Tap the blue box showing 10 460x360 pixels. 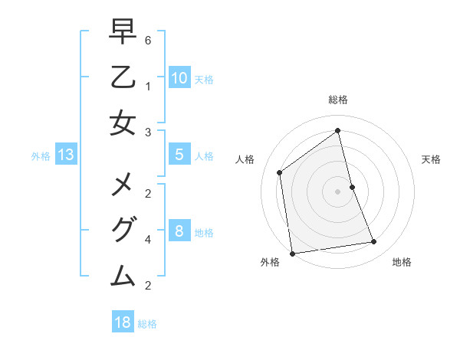coord(179,77)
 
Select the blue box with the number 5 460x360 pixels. coord(179,155)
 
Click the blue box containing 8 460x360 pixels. coord(179,231)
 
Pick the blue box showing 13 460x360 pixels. coord(66,155)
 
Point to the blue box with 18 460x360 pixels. coord(123,322)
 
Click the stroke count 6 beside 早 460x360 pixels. coord(148,39)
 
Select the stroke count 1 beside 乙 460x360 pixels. coord(148,86)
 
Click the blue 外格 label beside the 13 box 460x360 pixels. coord(41,156)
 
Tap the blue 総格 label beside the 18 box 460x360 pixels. coord(147,323)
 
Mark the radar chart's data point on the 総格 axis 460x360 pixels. coord(338,130)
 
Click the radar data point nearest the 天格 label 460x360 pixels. coord(353,187)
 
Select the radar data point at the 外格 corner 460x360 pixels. coord(292,254)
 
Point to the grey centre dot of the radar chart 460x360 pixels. coord(338,191)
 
